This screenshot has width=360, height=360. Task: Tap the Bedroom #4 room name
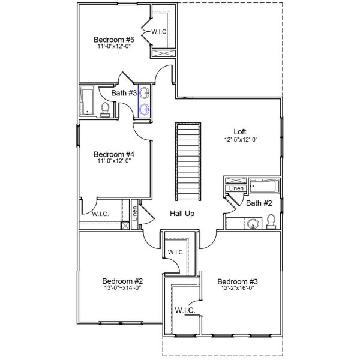pyautogui.click(x=113, y=154)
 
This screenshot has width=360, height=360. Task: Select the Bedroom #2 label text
pyautogui.click(x=122, y=281)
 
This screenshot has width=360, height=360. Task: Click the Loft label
pyautogui.click(x=240, y=131)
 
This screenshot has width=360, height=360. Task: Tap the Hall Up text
pyautogui.click(x=182, y=213)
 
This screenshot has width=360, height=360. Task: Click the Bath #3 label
pyautogui.click(x=123, y=92)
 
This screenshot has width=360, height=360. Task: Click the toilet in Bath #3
pyautogui.click(x=106, y=109)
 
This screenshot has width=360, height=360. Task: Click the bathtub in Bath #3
pyautogui.click(x=88, y=100)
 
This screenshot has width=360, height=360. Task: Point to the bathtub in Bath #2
pyautogui.click(x=264, y=185)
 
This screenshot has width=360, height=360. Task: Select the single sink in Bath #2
pyautogui.click(x=253, y=224)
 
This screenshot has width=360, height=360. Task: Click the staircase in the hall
pyautogui.click(x=188, y=162)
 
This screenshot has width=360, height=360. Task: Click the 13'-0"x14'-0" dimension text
pyautogui.click(x=122, y=288)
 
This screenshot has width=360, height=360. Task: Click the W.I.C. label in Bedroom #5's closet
pyautogui.click(x=158, y=31)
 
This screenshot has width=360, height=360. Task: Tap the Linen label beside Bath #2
pyautogui.click(x=234, y=190)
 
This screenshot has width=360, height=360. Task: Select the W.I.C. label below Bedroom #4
pyautogui.click(x=100, y=214)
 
